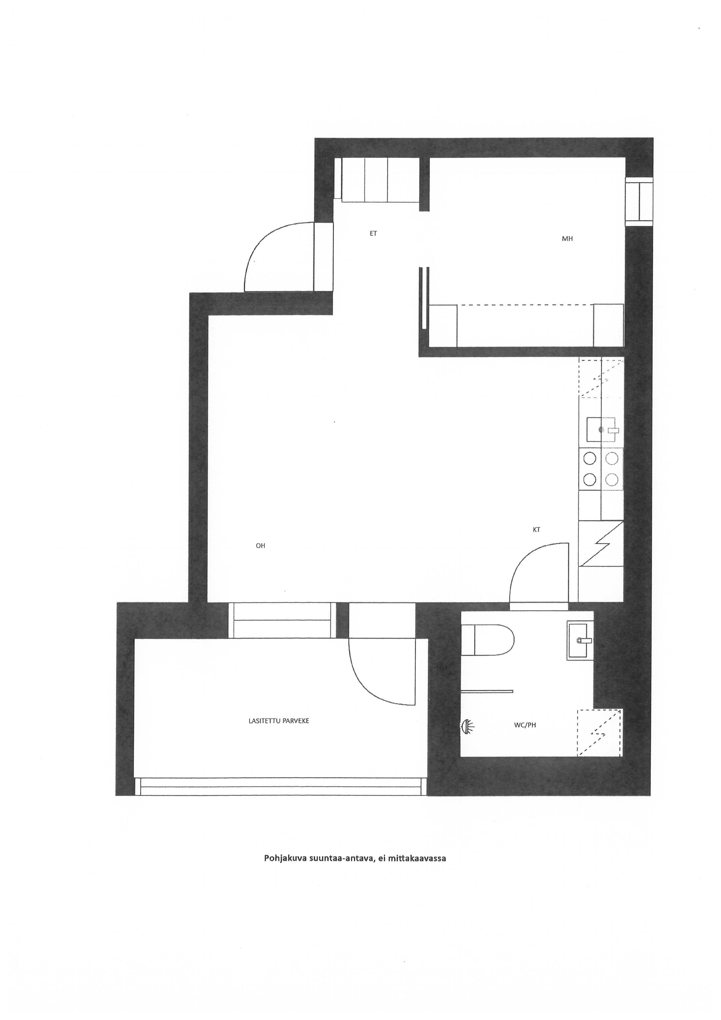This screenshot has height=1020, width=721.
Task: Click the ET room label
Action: pyautogui.click(x=373, y=233)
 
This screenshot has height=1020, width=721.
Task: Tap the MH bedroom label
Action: pyautogui.click(x=567, y=238)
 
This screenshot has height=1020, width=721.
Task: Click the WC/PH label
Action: pyautogui.click(x=525, y=725)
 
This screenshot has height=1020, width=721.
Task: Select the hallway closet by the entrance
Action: pyautogui.click(x=381, y=180)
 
